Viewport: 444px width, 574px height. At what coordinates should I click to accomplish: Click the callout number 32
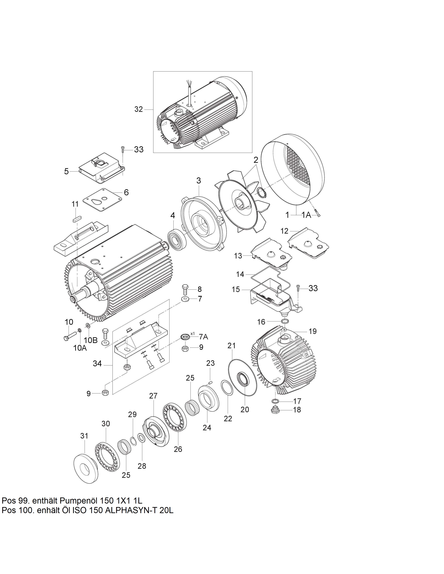(138, 109)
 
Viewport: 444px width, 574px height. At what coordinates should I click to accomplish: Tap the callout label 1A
(306, 215)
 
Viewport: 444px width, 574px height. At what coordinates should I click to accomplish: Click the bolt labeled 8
(185, 290)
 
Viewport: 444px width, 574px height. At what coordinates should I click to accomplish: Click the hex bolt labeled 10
(70, 336)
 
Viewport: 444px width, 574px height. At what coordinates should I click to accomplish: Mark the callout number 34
(97, 364)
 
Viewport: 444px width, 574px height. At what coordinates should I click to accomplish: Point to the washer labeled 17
(275, 401)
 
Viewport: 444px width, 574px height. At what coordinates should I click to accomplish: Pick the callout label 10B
(91, 340)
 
